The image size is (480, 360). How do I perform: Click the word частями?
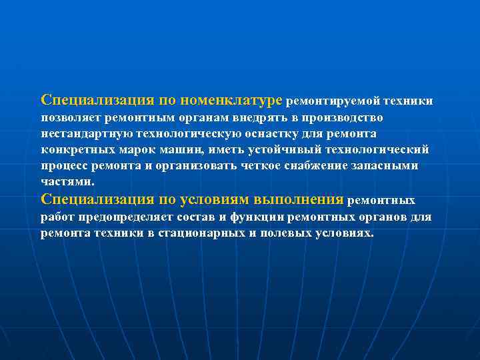tap(67, 181)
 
